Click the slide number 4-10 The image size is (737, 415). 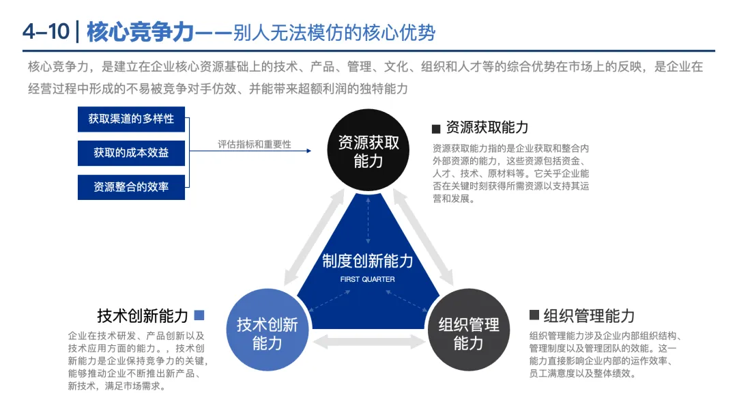pos(44,32)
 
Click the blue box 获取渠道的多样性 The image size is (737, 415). pos(131,119)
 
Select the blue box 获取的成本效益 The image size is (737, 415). pos(131,153)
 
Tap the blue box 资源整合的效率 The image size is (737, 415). pos(131,186)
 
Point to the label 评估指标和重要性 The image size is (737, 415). pos(255,145)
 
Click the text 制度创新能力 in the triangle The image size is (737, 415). pos(368,261)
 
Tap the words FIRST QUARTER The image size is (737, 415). pos(368,279)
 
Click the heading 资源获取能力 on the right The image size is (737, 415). pos(487,128)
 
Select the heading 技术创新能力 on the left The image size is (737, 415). pos(143,316)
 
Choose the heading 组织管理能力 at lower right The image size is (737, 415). pos(589,316)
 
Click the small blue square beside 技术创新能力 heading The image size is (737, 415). pos(199,315)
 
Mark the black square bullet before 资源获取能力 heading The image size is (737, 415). pos(436,129)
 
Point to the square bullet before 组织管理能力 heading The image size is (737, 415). pos(534,315)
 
